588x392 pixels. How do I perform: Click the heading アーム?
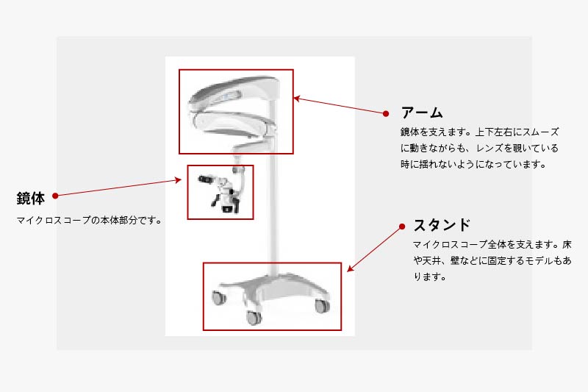pos(422,113)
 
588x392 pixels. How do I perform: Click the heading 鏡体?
pos(31,198)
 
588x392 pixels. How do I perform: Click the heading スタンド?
pos(442,225)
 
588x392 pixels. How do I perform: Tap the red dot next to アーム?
pos(386,113)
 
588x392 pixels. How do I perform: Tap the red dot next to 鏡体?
pos(55,196)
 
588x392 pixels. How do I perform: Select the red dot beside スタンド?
pos(402,227)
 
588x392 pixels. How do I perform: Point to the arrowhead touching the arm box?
pos(297,99)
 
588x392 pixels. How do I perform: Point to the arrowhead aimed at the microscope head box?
pos(179,180)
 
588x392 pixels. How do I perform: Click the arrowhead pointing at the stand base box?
pos(350,268)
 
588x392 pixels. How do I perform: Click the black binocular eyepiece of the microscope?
pos(205,179)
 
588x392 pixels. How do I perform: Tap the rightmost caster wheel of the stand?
pos(322,306)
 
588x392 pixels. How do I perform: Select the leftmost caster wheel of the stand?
pos(218,297)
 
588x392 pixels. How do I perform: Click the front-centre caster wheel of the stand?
pos(254,318)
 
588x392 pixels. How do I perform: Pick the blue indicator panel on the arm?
pos(228,97)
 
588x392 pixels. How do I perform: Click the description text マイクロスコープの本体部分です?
pos(86,220)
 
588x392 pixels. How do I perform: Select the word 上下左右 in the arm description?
pos(494,132)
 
